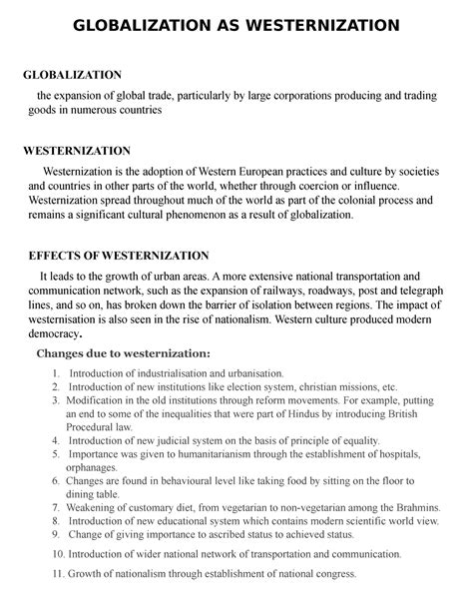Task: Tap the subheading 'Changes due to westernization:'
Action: pyautogui.click(x=124, y=353)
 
